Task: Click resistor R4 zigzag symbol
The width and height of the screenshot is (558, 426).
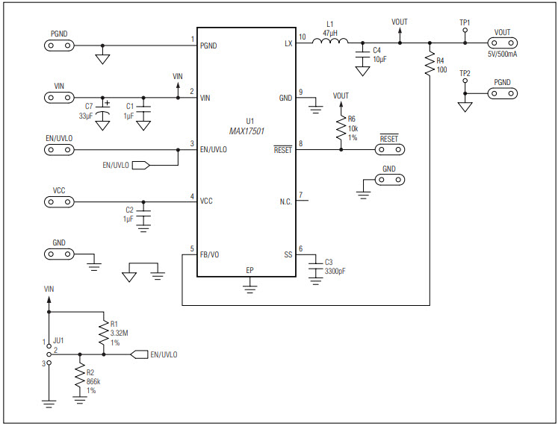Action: pyautogui.click(x=430, y=66)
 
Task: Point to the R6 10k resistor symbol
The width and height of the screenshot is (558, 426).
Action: pyautogui.click(x=341, y=128)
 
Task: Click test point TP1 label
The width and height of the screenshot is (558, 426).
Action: pyautogui.click(x=465, y=23)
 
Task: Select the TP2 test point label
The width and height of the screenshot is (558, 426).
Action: pyautogui.click(x=465, y=73)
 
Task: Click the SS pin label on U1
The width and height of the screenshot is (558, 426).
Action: pyautogui.click(x=287, y=254)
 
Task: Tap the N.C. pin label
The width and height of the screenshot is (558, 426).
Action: pyautogui.click(x=284, y=201)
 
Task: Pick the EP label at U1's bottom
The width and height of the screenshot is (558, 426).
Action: pyautogui.click(x=249, y=269)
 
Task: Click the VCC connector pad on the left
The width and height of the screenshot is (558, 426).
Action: pyautogui.click(x=59, y=201)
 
